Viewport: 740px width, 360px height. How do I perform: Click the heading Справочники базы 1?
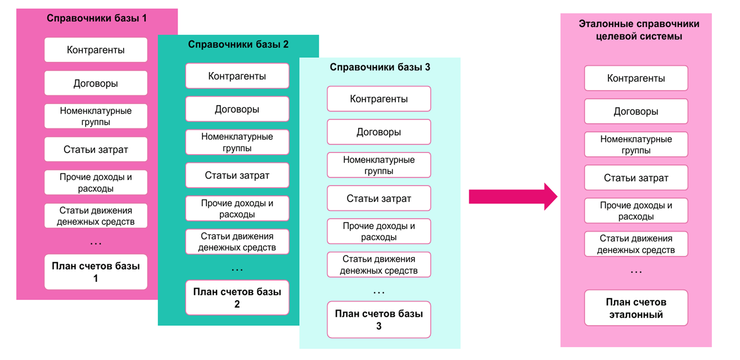click(x=96, y=18)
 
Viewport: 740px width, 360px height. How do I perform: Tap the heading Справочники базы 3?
click(x=380, y=67)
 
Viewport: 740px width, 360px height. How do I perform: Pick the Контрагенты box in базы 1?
click(x=96, y=50)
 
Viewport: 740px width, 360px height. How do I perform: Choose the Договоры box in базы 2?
click(x=237, y=109)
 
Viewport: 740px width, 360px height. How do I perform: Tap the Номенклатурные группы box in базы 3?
click(x=378, y=165)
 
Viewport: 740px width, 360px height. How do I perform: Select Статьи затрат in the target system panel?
click(x=636, y=178)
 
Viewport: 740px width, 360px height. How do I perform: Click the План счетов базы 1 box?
click(x=96, y=272)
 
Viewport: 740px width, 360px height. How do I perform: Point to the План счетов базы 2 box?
click(x=237, y=298)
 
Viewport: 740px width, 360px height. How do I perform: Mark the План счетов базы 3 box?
click(x=378, y=319)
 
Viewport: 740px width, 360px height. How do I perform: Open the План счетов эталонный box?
click(x=636, y=308)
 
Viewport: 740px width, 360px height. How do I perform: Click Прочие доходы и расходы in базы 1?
click(x=96, y=183)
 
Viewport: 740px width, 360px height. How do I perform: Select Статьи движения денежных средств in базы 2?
click(x=237, y=242)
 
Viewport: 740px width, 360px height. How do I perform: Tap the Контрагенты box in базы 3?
click(x=378, y=99)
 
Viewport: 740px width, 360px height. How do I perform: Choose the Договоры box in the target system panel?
click(x=636, y=111)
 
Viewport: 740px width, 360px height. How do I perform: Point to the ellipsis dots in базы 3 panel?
click(x=378, y=292)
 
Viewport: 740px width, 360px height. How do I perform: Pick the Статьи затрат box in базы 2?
click(x=237, y=175)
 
